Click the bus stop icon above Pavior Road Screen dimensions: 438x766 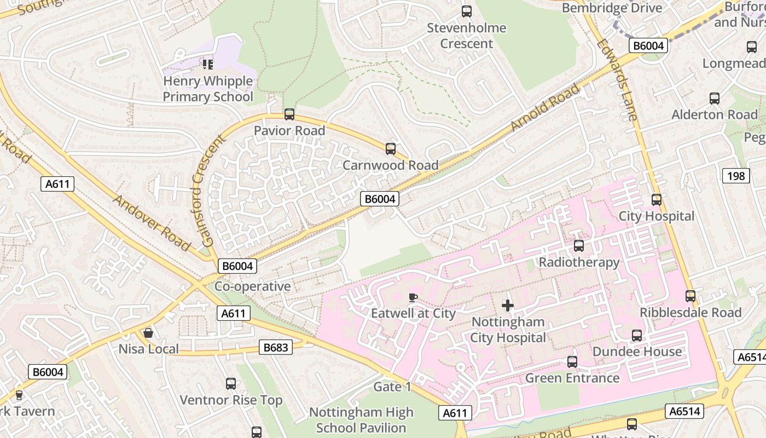coord(289,114)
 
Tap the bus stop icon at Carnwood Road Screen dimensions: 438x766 coord(391,148)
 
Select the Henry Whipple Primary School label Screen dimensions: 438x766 coord(208,89)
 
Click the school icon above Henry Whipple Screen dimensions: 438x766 coord(207,65)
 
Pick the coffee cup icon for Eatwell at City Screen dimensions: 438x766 coord(413,297)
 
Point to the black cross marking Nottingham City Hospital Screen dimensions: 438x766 coord(508,305)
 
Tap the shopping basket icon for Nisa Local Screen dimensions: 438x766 coord(148,333)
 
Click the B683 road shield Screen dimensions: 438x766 coord(275,347)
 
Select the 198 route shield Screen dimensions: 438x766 coord(736,176)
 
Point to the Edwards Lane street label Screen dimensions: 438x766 coord(617,79)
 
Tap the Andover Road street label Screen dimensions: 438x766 coord(152,222)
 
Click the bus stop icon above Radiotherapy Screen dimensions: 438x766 coord(579,246)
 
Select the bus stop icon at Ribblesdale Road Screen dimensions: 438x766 coord(690,296)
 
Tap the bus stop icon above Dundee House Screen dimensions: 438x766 coord(637,335)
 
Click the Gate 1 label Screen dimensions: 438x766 coord(392,387)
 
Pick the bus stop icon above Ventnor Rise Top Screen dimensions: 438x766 coord(231,384)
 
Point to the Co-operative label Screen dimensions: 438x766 coord(252,286)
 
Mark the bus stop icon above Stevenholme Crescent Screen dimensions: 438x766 coord(467,11)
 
